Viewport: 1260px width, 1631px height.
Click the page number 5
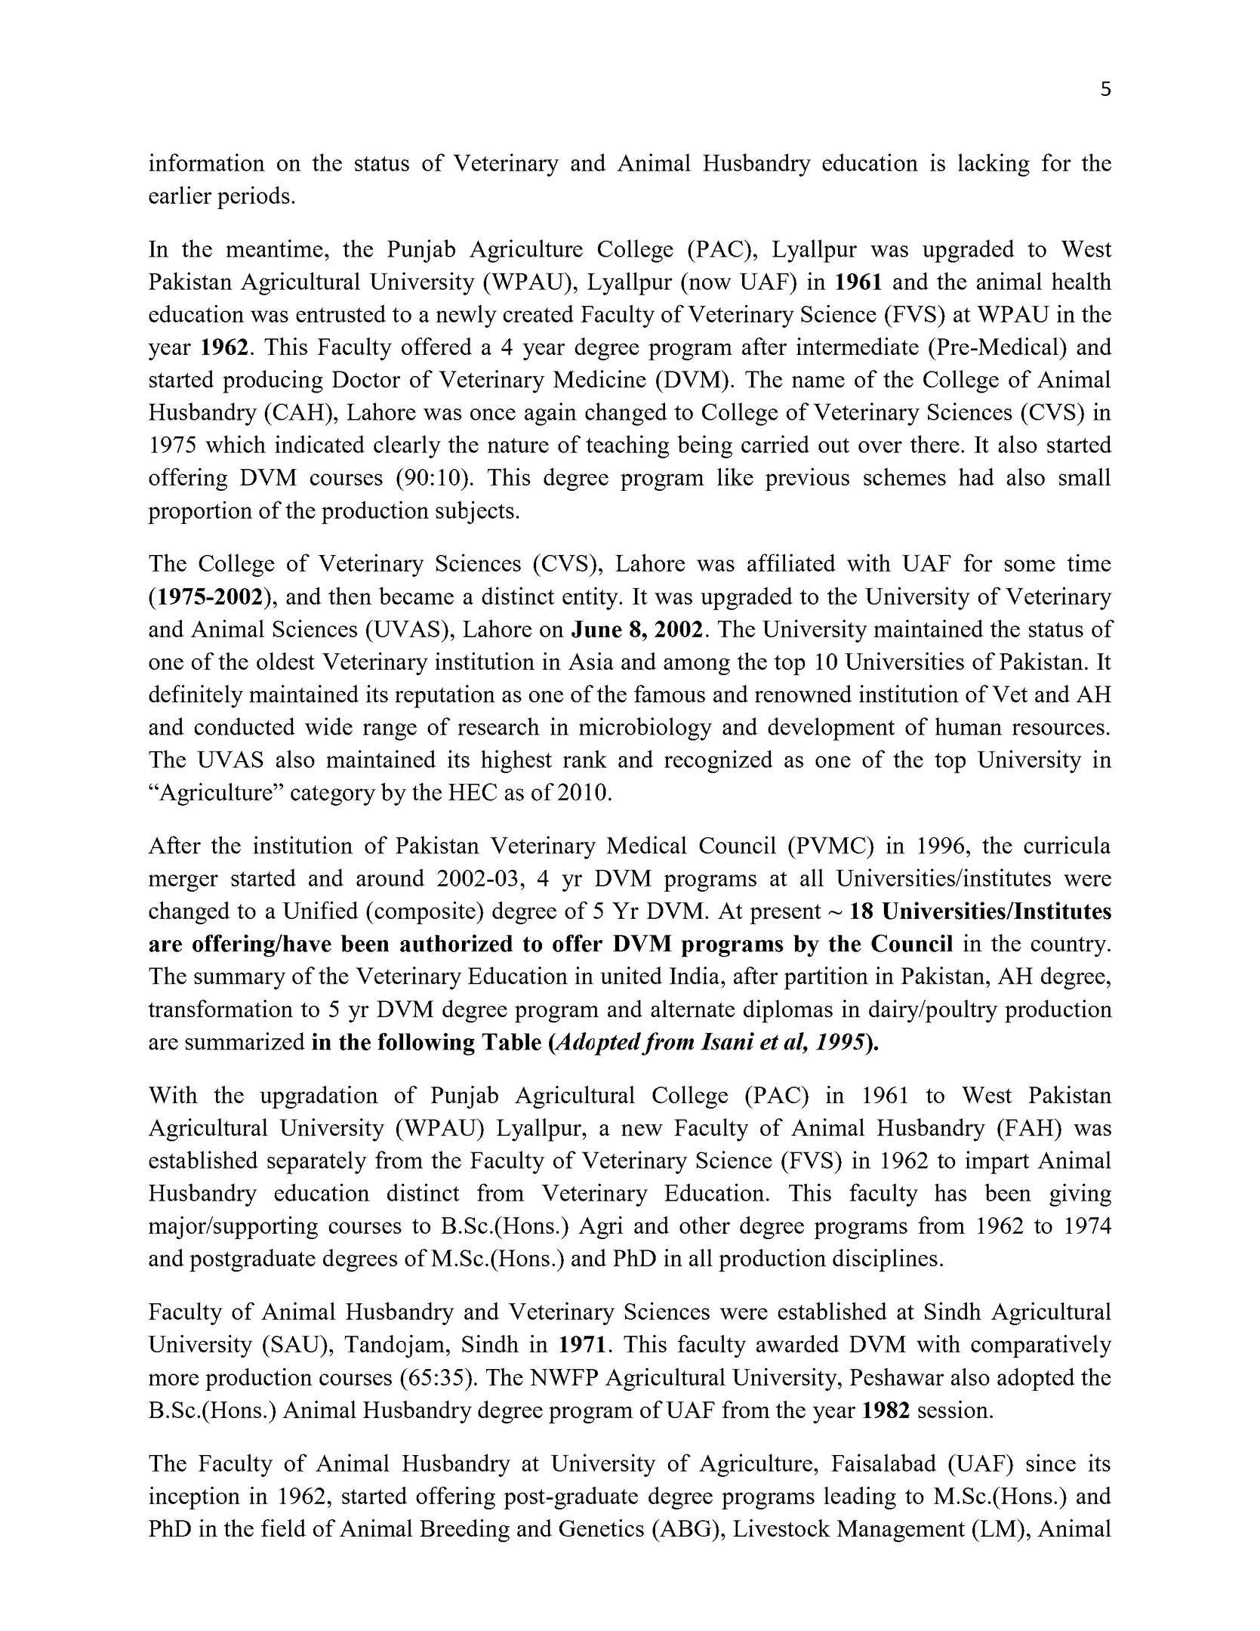pyautogui.click(x=1105, y=90)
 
